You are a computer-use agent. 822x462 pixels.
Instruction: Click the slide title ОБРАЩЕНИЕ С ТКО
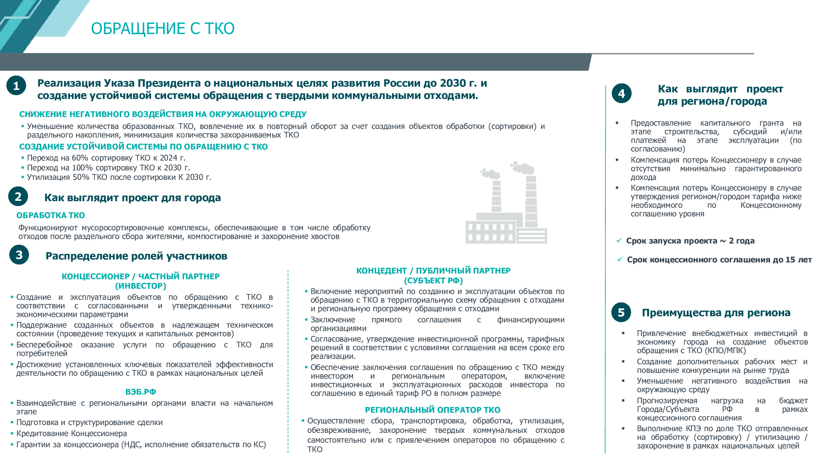(x=163, y=28)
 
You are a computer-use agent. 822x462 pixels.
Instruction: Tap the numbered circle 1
(x=16, y=85)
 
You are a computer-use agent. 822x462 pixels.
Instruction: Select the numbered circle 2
(x=18, y=196)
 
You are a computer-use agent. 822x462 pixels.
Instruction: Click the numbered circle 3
(x=19, y=255)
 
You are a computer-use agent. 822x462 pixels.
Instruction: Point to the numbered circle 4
(x=621, y=93)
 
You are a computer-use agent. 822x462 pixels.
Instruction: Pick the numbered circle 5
(x=621, y=313)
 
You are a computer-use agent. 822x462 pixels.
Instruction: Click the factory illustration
(x=506, y=203)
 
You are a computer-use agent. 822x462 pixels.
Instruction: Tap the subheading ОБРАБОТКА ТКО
(x=51, y=215)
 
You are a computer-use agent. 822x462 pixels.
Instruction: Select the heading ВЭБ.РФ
(x=141, y=392)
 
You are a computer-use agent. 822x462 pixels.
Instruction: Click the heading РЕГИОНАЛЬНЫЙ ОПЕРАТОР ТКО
(x=433, y=410)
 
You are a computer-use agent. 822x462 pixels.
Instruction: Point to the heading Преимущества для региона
(x=716, y=313)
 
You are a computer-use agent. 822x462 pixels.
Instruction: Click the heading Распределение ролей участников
(x=136, y=256)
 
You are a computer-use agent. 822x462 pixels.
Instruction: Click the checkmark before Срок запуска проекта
(x=619, y=240)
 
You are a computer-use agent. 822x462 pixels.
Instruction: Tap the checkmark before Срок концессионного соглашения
(x=620, y=259)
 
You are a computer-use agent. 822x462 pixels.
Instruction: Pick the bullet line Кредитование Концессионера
(x=72, y=433)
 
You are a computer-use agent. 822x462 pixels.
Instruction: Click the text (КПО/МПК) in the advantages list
(x=725, y=350)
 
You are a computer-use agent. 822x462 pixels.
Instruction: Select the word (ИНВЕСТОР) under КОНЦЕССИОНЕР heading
(x=141, y=286)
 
